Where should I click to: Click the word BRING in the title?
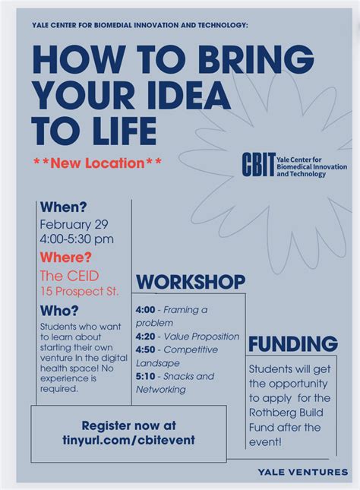[256, 59]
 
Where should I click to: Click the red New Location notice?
[97, 163]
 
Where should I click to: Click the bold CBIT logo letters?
[258, 164]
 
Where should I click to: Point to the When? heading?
[64, 207]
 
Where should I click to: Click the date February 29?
[74, 224]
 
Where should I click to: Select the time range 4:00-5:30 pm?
[77, 239]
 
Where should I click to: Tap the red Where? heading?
[65, 258]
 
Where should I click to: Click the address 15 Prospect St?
[80, 292]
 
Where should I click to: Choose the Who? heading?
[59, 311]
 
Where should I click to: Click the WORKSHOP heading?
[191, 282]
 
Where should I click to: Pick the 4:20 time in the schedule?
[145, 337]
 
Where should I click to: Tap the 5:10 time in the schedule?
[145, 376]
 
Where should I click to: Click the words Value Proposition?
[201, 337]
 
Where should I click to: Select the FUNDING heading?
[293, 344]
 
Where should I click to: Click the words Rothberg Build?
[286, 413]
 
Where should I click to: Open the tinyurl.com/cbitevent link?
[129, 440]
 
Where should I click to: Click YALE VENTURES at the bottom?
[303, 472]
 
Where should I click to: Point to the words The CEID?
[69, 276]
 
